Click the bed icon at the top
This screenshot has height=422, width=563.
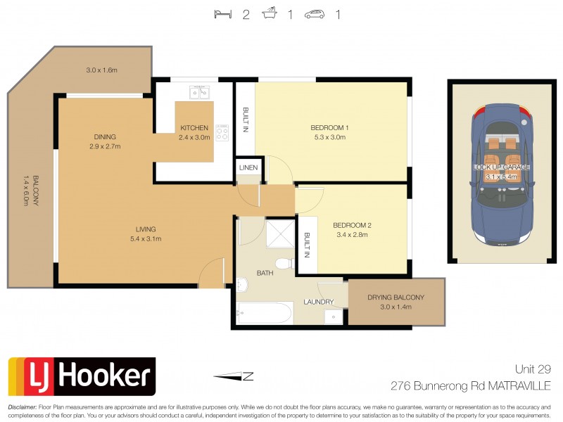(222, 14)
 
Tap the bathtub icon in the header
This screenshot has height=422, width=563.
(269, 14)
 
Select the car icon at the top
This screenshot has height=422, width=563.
(315, 14)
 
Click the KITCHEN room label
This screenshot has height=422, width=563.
(194, 128)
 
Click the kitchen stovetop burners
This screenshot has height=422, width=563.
(222, 132)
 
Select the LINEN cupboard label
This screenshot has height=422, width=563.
(248, 168)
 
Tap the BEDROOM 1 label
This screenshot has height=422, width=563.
(330, 128)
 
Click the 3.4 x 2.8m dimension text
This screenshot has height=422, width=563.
(351, 236)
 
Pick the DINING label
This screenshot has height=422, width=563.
(105, 137)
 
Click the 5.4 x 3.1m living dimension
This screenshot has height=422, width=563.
(146, 239)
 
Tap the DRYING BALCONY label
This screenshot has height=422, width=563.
(396, 298)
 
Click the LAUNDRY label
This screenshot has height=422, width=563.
(318, 302)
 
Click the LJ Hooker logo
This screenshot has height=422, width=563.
(81, 376)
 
